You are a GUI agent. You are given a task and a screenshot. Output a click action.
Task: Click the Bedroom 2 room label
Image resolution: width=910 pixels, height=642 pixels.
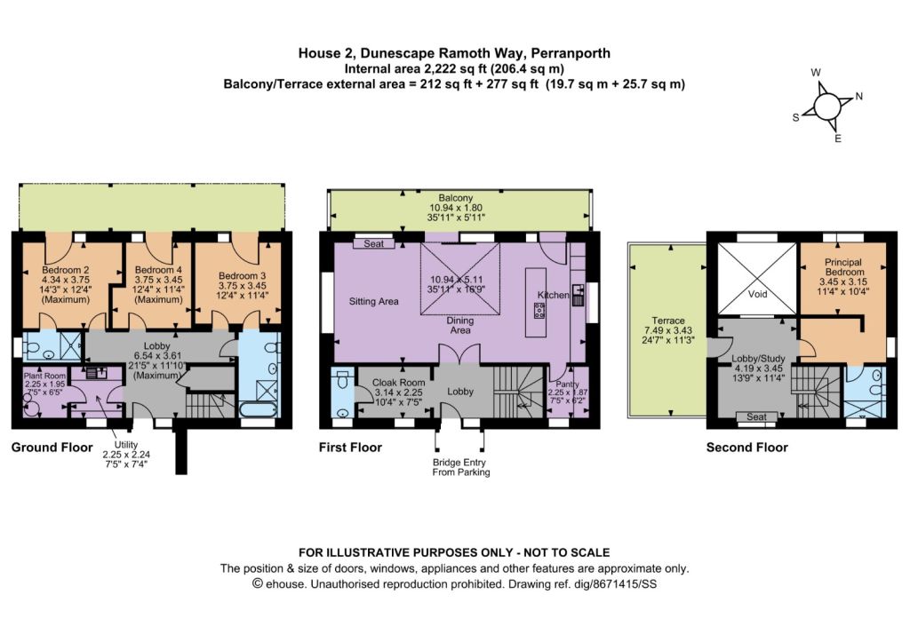(x=65, y=270)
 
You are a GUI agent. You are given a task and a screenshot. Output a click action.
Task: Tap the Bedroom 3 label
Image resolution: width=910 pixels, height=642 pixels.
(x=242, y=276)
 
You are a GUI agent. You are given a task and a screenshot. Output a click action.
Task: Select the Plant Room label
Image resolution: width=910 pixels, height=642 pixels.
(x=44, y=376)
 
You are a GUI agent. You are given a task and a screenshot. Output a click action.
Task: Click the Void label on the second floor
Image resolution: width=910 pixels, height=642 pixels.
(x=757, y=294)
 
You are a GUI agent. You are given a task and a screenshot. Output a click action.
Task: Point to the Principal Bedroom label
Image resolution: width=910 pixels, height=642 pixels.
(x=844, y=266)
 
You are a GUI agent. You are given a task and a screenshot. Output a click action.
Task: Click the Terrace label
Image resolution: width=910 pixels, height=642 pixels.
(x=668, y=321)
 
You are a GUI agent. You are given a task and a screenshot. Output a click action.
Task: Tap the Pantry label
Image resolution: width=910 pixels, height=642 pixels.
(x=567, y=384)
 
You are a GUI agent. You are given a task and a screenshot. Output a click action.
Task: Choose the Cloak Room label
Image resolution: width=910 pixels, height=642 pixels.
(x=399, y=382)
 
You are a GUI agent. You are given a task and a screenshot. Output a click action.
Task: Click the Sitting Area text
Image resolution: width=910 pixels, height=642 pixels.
(x=374, y=302)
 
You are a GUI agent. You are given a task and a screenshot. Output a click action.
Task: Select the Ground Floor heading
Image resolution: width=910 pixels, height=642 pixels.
(x=52, y=448)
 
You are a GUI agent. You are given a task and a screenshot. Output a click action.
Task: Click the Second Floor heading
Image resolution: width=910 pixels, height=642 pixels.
(x=746, y=448)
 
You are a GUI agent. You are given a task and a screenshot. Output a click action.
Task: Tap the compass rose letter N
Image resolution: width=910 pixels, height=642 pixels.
(x=859, y=96)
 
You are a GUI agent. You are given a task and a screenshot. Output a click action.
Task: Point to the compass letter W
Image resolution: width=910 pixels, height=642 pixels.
(x=816, y=73)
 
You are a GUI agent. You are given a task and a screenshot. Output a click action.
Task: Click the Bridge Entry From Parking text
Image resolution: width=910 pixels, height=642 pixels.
(x=461, y=467)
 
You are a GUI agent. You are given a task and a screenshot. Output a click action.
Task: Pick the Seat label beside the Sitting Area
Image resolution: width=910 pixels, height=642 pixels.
(x=374, y=243)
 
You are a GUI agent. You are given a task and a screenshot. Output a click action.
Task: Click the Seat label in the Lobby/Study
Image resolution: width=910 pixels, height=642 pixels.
(x=757, y=416)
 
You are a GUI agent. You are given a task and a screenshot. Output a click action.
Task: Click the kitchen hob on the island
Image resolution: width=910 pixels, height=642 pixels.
(x=539, y=312)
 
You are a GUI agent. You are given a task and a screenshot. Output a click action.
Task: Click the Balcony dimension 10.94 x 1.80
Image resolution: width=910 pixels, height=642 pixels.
(x=456, y=208)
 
